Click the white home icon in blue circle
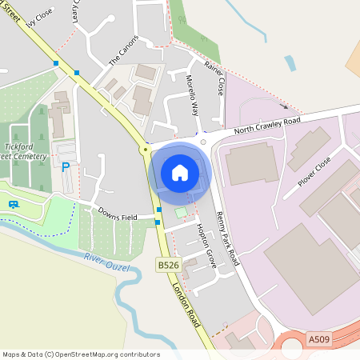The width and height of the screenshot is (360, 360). coord(180,172)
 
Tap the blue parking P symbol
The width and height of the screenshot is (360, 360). coord(65,166)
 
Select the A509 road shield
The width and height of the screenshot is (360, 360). coord(318,340)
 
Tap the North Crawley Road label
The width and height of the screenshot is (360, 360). coord(267,126)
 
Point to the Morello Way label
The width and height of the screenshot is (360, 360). coord(192,94)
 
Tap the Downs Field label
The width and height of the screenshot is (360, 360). coord(118,216)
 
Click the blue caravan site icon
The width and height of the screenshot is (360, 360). coord(14,204)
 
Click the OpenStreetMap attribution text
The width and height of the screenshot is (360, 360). coord(81,354)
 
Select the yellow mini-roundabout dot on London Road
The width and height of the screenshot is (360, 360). coord(145,150)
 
